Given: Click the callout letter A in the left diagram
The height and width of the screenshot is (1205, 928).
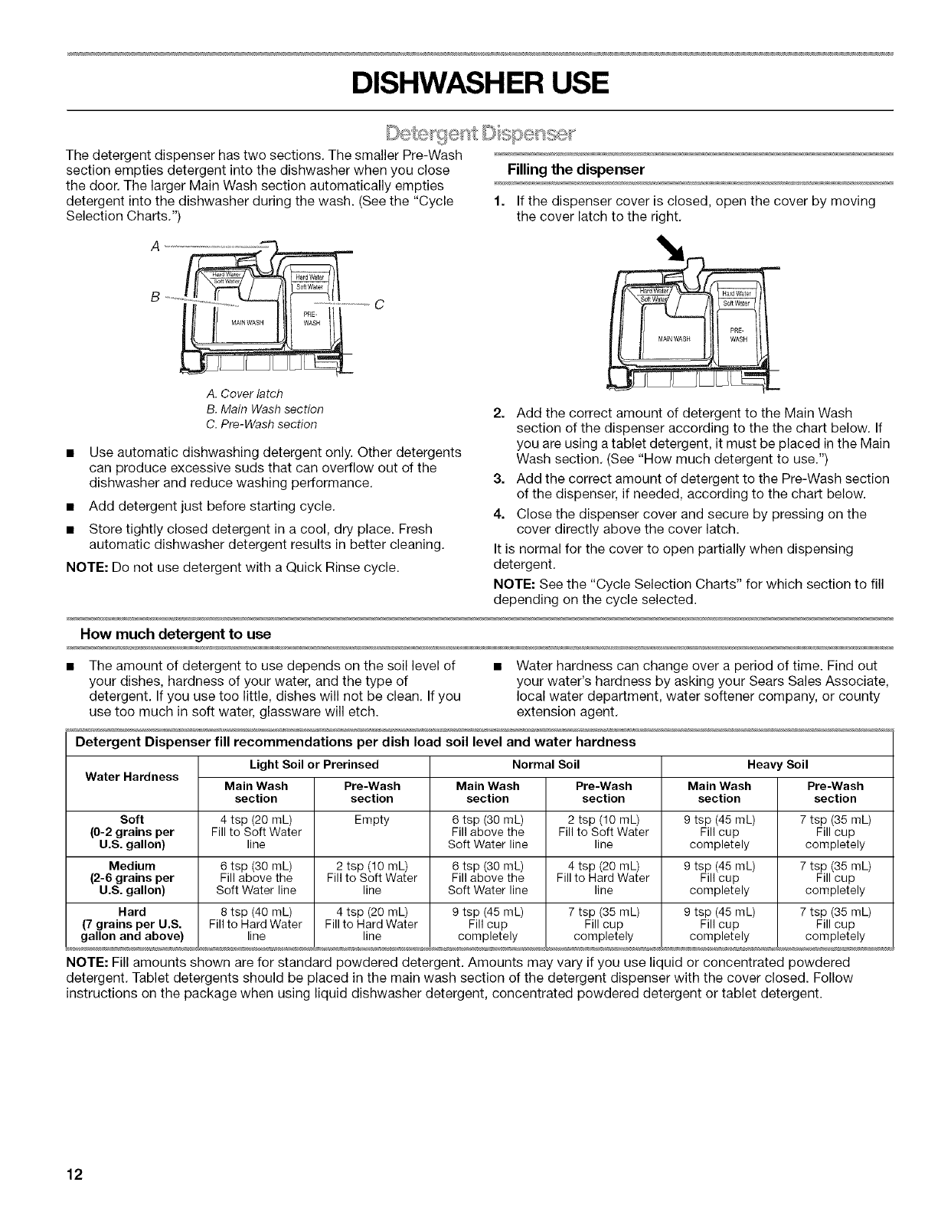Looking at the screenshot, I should pyautogui.click(x=158, y=247).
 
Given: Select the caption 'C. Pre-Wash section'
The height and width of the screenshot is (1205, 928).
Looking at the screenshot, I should pyautogui.click(x=257, y=424).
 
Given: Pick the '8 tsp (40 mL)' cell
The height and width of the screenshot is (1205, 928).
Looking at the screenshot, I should pyautogui.click(x=256, y=912).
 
